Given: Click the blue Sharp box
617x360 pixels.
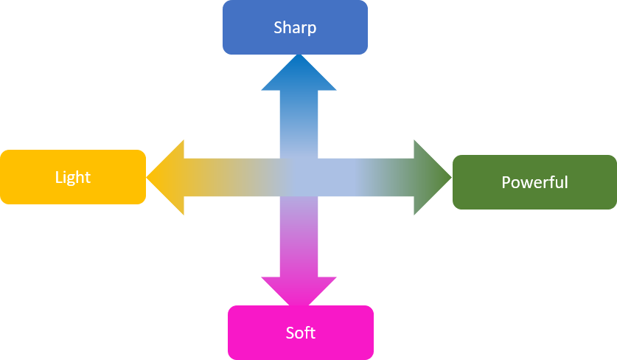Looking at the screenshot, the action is pos(295,27).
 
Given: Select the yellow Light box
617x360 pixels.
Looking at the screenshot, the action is pos(73,177).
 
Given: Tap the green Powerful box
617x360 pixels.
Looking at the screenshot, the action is pos(534,182).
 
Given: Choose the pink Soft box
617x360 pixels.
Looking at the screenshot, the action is pos(301,333).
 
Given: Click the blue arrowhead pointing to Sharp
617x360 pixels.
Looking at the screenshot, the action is pos(299,75).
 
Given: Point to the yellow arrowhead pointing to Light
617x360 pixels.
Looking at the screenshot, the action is pos(167,177).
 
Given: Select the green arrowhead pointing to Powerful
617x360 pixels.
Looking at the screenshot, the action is pos(431,177).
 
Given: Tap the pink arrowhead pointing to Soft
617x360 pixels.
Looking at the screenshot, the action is pos(299,289).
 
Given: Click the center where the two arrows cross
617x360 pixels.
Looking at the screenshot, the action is pos(299,177).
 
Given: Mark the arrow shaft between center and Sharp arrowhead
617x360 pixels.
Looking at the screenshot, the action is pos(299,125).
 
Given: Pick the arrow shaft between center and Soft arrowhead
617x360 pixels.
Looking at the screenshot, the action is pos(299,236).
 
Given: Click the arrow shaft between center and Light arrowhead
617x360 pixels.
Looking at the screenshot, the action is pos(231,177).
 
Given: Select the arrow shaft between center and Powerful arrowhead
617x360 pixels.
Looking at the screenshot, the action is pos(366,177).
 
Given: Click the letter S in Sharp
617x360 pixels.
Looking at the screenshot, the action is pos(278,27).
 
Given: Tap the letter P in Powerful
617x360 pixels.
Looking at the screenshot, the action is pos(506,182).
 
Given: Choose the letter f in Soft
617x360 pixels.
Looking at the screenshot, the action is pos(308,333).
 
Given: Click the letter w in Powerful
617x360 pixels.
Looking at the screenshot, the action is pos(526,184).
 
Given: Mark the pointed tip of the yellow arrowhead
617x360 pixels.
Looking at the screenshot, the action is pos(147,177).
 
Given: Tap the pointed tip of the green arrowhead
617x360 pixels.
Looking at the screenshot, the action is pos(452,177).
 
